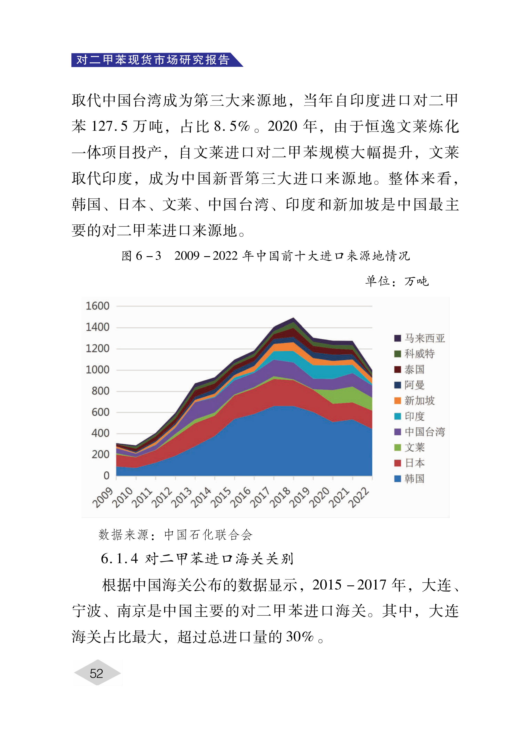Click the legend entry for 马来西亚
click(x=419, y=338)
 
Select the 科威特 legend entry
click(x=414, y=354)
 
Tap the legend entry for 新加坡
click(x=414, y=401)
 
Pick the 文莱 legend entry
click(x=409, y=447)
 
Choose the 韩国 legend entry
click(x=409, y=478)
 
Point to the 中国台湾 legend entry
click(x=419, y=432)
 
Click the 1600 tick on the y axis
click(x=97, y=306)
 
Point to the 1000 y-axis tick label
click(x=97, y=370)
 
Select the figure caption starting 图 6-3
click(x=265, y=256)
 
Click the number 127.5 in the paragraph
click(x=110, y=126)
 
